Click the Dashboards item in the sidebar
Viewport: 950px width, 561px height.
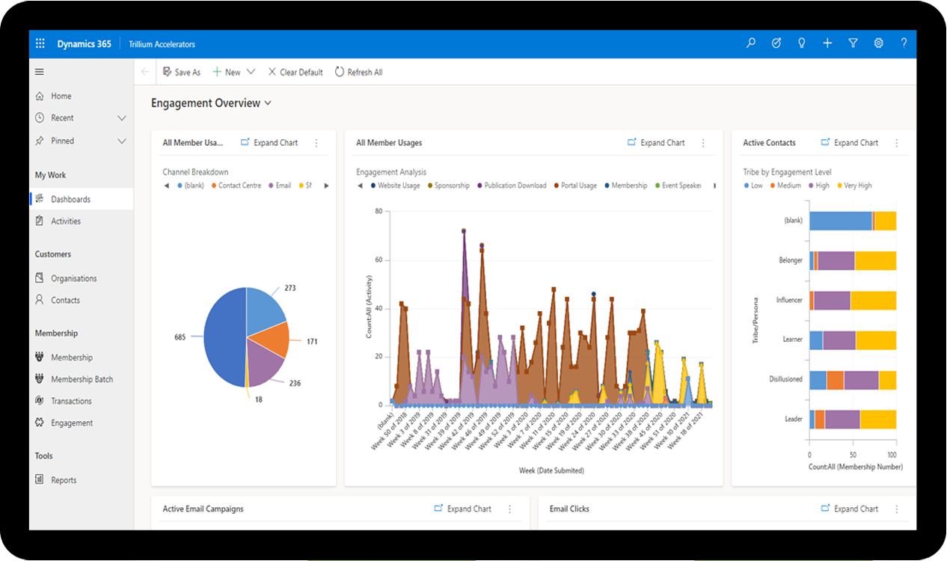coord(70,199)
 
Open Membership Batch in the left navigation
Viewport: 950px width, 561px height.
coord(82,379)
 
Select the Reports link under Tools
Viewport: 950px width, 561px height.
coord(64,480)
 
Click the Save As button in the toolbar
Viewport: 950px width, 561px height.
coord(182,72)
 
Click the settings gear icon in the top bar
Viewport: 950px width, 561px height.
coord(878,43)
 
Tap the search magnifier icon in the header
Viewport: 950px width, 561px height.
coord(751,43)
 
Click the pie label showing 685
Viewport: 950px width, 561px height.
coord(180,337)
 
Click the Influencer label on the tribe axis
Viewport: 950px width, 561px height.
coord(789,300)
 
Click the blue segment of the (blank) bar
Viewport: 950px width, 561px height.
coord(840,221)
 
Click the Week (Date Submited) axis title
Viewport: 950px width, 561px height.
coord(551,470)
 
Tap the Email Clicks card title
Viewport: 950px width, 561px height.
coord(569,509)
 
